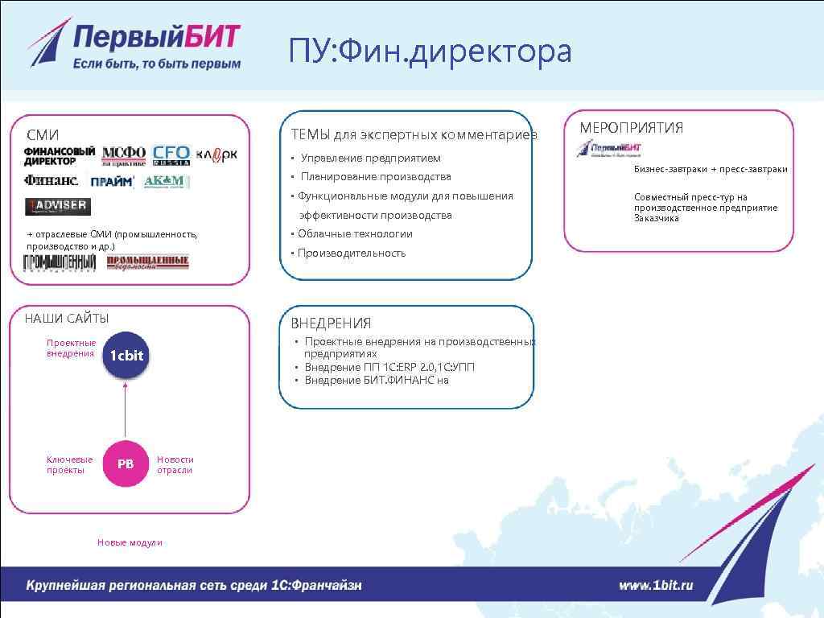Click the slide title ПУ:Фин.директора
[431, 52]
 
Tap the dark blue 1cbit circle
[126, 356]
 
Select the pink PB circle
[126, 463]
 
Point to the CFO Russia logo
[171, 155]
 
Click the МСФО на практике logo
[124, 155]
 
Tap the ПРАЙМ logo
[112, 182]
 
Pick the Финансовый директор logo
[60, 155]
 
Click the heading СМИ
[43, 134]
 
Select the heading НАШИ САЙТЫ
[67, 319]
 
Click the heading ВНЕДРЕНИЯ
[331, 323]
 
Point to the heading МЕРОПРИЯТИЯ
[632, 127]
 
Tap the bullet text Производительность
[348, 253]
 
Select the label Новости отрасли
[175, 465]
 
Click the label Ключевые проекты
[70, 465]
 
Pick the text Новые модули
[130, 542]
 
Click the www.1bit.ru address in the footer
[656, 586]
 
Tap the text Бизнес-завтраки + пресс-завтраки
[711, 170]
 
